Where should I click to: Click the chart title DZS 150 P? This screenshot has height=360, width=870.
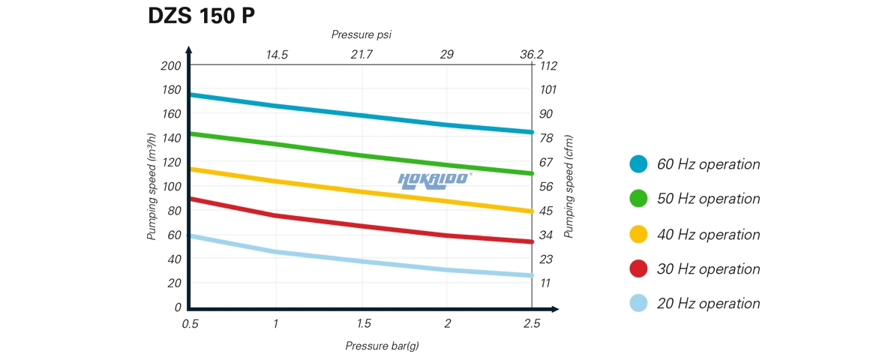(202, 17)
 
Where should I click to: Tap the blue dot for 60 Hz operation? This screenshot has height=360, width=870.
(639, 164)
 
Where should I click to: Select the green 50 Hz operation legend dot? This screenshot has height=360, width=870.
(639, 199)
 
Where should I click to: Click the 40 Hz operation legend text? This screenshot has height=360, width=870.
(709, 235)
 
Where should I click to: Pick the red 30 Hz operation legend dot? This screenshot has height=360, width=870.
(639, 269)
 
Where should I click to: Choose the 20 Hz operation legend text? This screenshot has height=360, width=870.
(709, 304)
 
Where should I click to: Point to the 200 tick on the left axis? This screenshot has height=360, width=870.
(171, 65)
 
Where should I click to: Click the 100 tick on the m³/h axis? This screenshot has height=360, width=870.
(171, 186)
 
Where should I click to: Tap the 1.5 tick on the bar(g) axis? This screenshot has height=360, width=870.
(362, 323)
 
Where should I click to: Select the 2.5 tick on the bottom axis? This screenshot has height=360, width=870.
(531, 323)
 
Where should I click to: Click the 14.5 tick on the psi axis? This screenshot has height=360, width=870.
(277, 55)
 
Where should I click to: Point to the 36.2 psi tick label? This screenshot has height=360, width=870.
(531, 55)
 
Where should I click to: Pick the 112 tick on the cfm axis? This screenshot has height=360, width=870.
(549, 65)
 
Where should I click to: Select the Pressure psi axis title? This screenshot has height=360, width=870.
(361, 34)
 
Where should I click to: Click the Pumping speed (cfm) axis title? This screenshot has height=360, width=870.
(569, 187)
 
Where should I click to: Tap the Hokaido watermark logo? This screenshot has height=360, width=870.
(434, 178)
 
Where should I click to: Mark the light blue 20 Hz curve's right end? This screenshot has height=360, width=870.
(530, 275)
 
